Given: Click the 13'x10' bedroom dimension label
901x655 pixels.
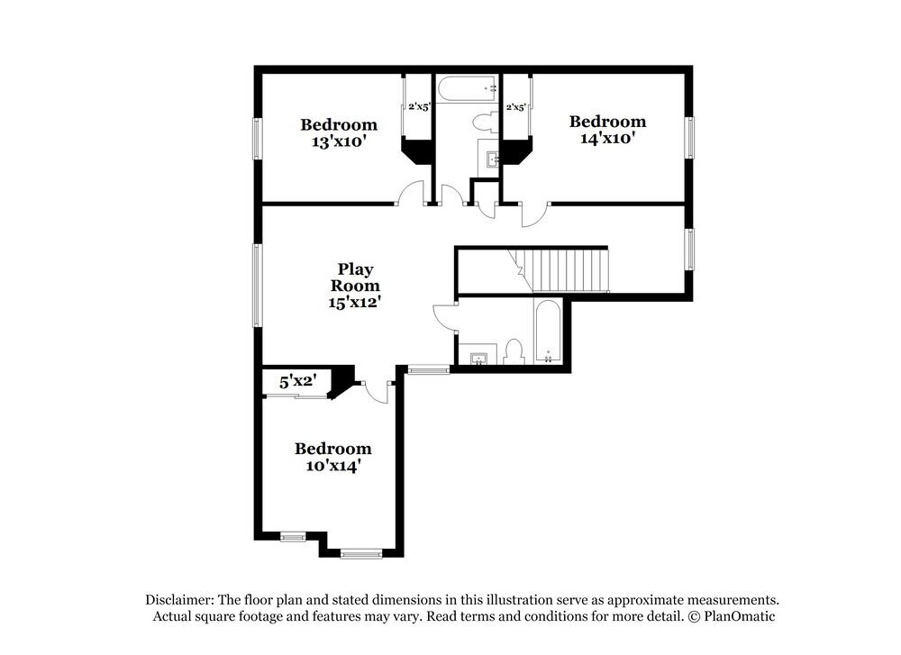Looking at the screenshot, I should tap(339, 141).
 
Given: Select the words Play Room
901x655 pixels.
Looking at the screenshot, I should tap(355, 277).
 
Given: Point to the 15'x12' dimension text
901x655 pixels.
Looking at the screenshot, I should tap(355, 303).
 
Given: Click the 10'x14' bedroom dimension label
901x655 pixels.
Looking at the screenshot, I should tap(333, 466).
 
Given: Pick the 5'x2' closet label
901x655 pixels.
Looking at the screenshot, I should tap(296, 381).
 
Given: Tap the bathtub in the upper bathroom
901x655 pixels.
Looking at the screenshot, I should tap(467, 88).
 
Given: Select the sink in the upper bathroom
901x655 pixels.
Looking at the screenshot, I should tap(491, 160).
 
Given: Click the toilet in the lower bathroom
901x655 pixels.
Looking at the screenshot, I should tap(514, 350).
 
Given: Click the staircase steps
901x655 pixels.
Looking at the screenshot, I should tap(568, 269).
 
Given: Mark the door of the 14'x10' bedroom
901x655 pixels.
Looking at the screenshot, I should tap(533, 214).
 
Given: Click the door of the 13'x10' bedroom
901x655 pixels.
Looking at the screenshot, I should tap(412, 192).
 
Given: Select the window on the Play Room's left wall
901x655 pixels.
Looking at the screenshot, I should tap(257, 285).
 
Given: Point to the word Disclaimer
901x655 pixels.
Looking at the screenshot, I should tap(177, 599).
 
